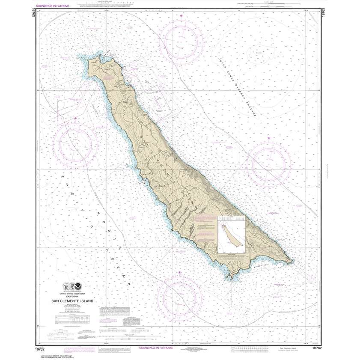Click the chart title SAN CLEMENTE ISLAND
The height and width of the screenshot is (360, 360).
pos(72,301)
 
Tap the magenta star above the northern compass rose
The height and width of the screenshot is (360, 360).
pos(181,16)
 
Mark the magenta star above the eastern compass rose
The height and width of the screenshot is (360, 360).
pos(269,138)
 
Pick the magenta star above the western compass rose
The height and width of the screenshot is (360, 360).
pos(76,118)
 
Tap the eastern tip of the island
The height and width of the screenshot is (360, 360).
pos(292,261)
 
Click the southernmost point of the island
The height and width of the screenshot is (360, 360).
pos(231,280)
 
